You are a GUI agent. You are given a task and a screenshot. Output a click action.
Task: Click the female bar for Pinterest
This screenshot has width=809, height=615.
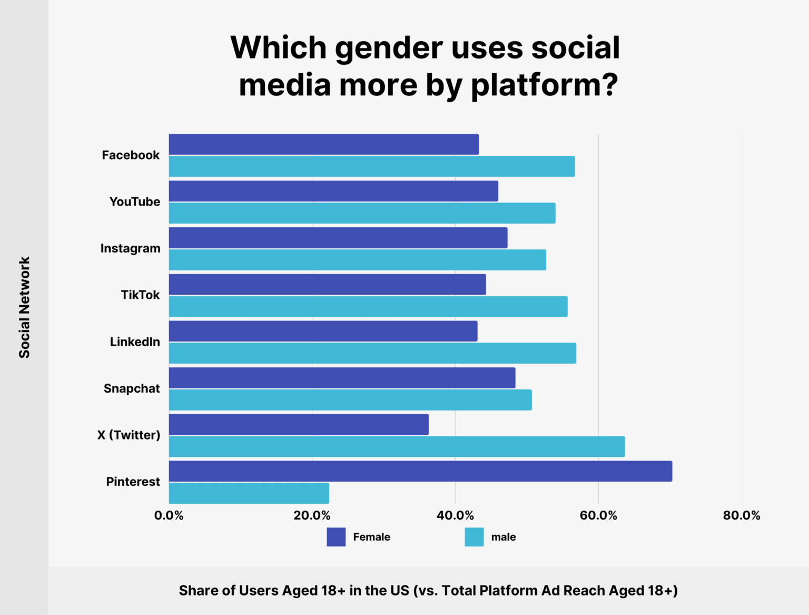[x=420, y=471]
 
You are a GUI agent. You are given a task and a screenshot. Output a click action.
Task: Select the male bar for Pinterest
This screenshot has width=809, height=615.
[x=249, y=493]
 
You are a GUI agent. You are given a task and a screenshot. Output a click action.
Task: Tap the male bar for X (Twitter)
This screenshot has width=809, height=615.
[x=397, y=446]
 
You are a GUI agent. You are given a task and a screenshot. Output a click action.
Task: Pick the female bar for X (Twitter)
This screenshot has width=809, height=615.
[x=299, y=425]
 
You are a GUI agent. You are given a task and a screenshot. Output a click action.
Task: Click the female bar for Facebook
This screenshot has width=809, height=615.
[x=323, y=144]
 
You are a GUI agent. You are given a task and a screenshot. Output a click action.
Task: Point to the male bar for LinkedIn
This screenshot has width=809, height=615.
[x=372, y=353]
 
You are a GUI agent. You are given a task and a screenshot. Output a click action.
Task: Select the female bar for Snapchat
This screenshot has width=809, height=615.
[x=342, y=378]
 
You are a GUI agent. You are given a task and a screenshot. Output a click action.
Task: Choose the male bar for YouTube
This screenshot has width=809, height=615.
[x=362, y=213]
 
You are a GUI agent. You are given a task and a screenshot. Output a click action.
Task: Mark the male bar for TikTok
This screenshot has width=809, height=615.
[x=368, y=306]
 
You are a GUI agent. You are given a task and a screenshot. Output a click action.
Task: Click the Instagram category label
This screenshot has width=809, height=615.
[x=130, y=248]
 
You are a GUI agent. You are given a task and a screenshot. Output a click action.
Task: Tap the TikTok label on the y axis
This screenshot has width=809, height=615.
[x=140, y=295]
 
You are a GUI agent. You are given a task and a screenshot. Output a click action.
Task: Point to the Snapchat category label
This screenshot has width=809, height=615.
[x=132, y=388]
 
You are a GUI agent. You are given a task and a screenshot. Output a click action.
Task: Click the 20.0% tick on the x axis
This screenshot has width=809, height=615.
[x=312, y=515]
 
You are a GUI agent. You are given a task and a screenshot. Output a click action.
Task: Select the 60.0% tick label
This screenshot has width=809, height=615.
[x=598, y=515]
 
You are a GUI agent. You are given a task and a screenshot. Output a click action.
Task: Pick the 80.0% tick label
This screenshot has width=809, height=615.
[x=742, y=515]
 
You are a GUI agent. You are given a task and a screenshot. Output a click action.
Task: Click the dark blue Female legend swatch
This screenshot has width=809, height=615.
[x=336, y=537]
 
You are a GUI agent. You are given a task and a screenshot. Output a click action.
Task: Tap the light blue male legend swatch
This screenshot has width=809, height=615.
[x=474, y=537]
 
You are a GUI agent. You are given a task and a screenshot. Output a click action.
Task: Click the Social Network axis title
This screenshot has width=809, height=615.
[x=24, y=308]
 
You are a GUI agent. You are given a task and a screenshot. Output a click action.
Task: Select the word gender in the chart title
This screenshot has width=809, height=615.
[x=389, y=48]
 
